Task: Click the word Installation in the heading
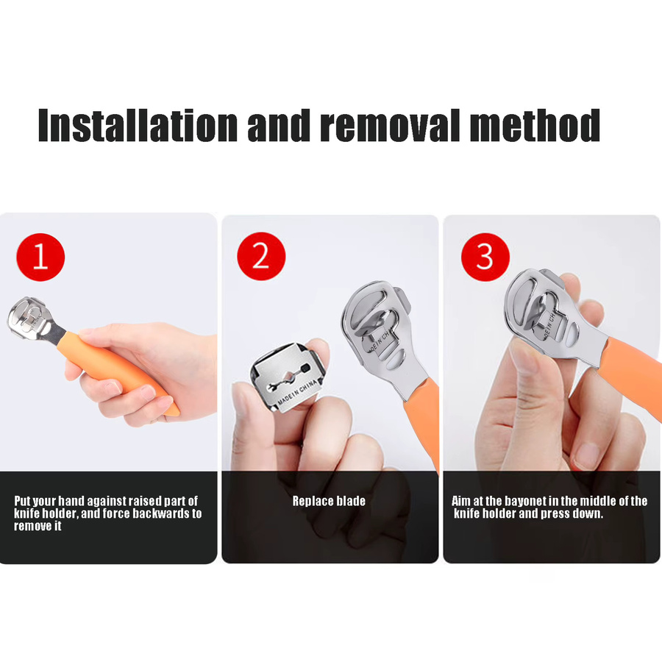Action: (138, 125)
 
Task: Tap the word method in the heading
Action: (535, 125)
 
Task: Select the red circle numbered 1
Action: (40, 257)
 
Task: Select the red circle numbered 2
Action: (261, 256)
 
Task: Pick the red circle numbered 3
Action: (485, 257)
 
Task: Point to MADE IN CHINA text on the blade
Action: (296, 392)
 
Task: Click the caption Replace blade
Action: (329, 501)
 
